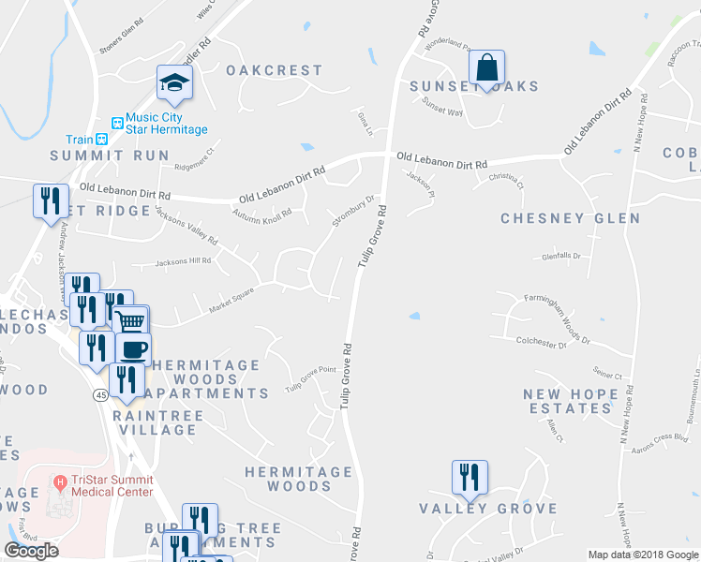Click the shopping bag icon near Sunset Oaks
coord(486,67)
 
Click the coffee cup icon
coord(133,349)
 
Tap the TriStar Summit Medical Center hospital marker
coord(61,483)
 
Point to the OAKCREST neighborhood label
coord(274,70)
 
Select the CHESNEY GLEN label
coord(570,218)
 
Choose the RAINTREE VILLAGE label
coord(155,421)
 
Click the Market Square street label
coord(232,299)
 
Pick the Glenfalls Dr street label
coord(561,256)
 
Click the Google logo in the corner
coord(31,551)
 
